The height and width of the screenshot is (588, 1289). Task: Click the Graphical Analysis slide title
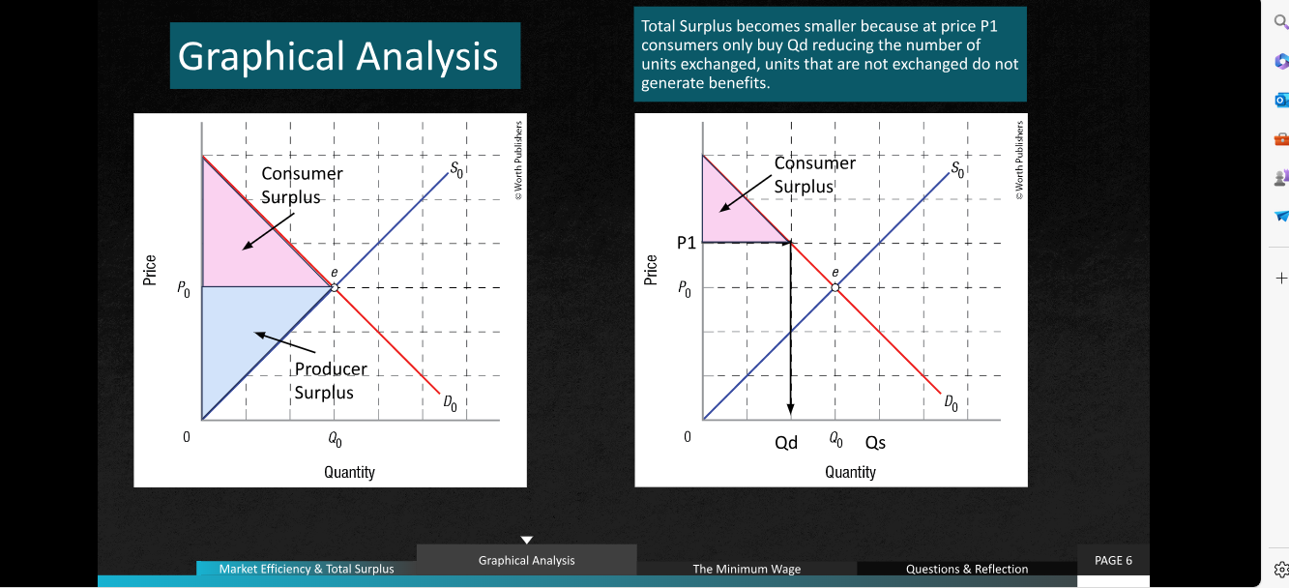pos(337,56)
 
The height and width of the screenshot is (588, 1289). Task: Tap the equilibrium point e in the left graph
pos(335,287)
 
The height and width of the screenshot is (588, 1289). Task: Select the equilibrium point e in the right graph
pos(835,287)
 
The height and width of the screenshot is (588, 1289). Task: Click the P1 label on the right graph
pos(687,243)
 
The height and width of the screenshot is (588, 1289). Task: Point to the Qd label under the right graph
pos(786,442)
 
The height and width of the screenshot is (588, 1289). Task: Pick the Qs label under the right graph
pos(875,442)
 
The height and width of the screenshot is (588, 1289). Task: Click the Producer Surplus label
pos(331,380)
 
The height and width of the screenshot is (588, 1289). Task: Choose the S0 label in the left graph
pos(456,169)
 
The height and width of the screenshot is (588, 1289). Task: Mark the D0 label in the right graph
pos(952,402)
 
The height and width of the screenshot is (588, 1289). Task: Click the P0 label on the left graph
pos(183,288)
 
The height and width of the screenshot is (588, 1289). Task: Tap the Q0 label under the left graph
pos(335,440)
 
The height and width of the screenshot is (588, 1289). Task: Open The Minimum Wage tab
pos(747,569)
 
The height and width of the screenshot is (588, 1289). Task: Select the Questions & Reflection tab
pos(967,569)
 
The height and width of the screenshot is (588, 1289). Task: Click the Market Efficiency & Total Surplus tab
pos(307,569)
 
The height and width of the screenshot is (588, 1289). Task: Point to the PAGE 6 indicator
pos(1113,560)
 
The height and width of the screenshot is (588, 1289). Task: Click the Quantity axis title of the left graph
pos(349,472)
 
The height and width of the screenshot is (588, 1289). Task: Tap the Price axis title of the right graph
pos(650,270)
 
